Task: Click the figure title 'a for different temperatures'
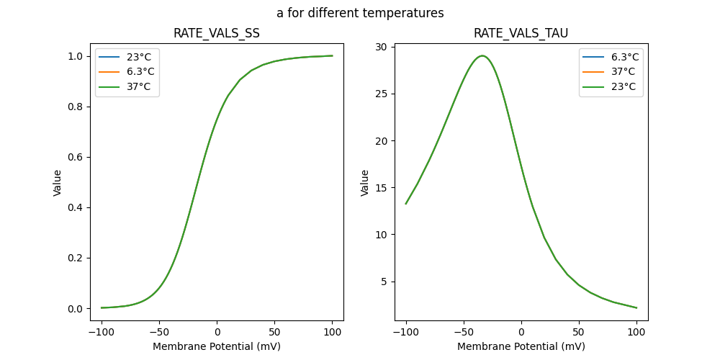pos(360,13)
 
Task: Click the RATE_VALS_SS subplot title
pos(216,33)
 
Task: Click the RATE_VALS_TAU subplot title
pos(521,33)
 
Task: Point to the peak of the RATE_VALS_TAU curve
pos(482,55)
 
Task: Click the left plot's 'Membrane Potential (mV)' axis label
pos(216,346)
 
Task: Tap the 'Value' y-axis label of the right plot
pos(365,183)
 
